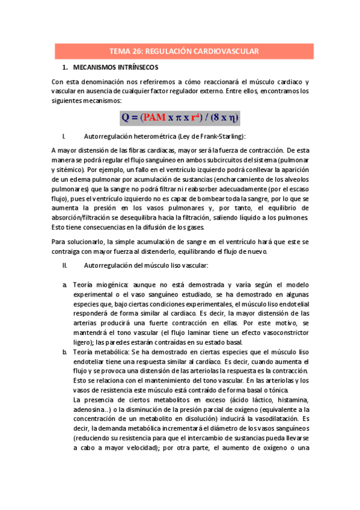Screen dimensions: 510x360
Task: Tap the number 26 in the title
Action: coord(135,52)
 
